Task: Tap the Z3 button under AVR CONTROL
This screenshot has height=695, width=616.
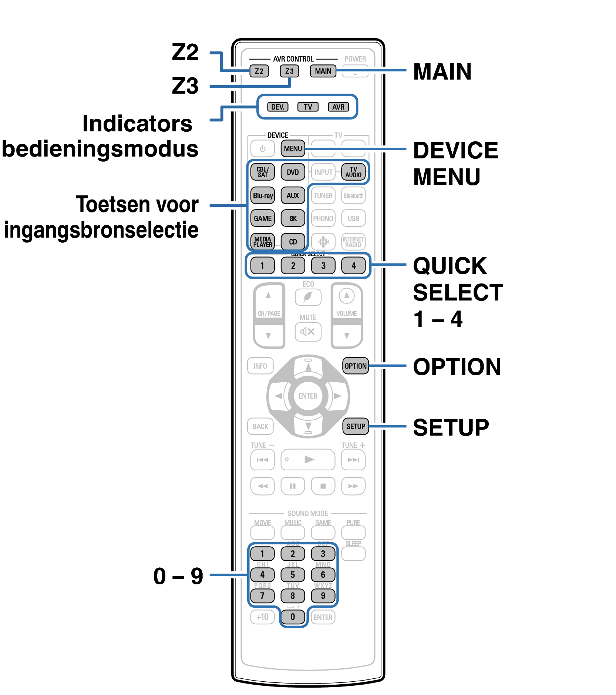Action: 289,71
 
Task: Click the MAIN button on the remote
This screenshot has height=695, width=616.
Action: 323,71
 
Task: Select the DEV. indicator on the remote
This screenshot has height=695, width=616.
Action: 277,107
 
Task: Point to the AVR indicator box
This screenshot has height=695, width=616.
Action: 338,107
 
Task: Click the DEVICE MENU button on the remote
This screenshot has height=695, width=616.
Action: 293,148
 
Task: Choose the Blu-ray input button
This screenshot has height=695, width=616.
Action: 263,195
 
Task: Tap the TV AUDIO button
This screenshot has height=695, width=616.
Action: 353,172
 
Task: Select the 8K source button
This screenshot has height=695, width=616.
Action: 293,218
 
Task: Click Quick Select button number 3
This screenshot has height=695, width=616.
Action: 323,265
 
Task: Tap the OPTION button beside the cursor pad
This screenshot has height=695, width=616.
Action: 356,366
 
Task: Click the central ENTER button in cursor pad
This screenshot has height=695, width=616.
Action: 308,396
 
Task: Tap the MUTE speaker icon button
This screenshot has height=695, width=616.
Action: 308,332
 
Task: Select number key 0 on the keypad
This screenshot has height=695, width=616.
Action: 293,617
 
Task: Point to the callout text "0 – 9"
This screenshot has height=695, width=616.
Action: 178,576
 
